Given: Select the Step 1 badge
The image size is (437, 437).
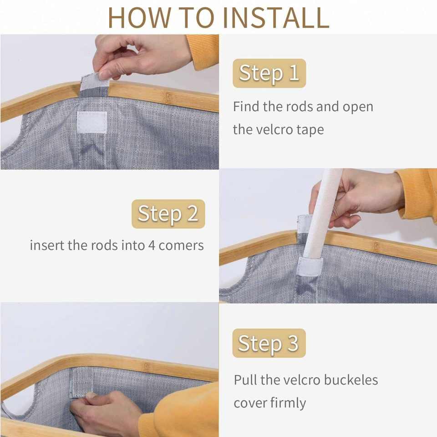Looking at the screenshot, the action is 269,73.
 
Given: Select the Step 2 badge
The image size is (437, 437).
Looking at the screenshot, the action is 168,214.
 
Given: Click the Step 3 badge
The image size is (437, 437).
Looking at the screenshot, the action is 269,343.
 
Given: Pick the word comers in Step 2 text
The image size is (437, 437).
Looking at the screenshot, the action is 181,246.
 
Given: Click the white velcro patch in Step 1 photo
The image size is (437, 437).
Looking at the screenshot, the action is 91,122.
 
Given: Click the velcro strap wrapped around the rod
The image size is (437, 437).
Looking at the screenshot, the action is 310,266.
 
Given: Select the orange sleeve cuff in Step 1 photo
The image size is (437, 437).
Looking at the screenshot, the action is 203,51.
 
